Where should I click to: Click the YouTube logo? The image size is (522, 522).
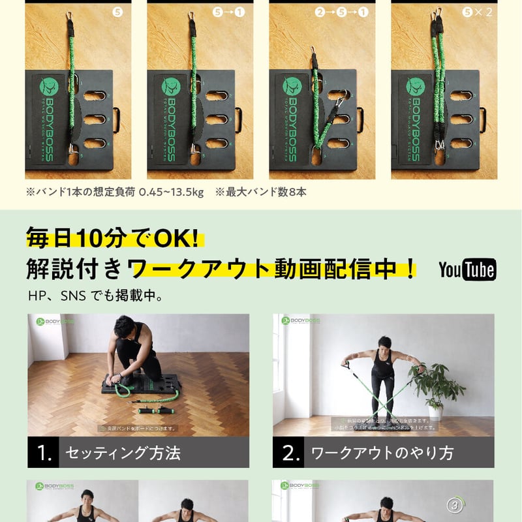pos(467,269)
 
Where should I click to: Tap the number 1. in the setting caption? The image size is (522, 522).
pos(44,453)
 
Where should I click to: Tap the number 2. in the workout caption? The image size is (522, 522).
pos(291,453)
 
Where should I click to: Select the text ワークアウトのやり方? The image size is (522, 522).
pos(382,453)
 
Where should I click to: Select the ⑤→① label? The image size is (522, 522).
pos(229,12)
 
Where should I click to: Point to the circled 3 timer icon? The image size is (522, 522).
pos(455,504)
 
